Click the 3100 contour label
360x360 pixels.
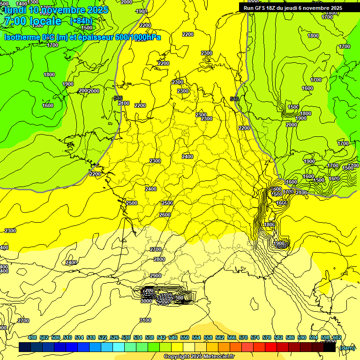point(145,320)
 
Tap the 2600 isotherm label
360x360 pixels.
point(165,215)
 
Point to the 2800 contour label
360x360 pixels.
point(159,259)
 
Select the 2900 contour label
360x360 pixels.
point(156,276)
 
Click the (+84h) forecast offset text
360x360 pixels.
point(81,21)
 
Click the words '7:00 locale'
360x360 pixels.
point(32,21)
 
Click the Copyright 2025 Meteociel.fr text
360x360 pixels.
point(199,357)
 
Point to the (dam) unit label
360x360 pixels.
point(347,347)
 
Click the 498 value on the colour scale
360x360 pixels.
point(32,337)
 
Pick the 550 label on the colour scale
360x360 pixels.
point(185,337)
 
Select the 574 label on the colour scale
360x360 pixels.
point(255,337)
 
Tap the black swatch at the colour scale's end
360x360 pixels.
point(330,347)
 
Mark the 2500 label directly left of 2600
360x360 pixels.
point(132,203)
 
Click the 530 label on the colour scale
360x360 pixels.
point(126,337)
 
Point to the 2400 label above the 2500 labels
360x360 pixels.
point(151,189)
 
